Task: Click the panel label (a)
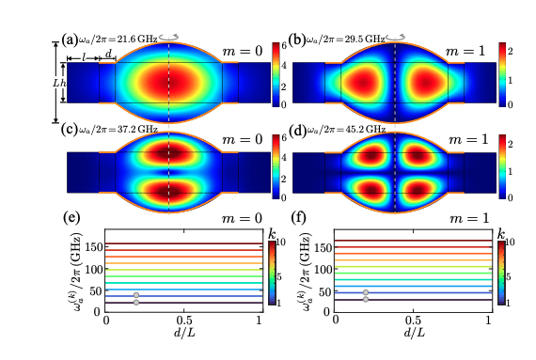(69, 39)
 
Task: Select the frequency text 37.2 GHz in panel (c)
(129, 129)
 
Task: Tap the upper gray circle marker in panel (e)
(136, 295)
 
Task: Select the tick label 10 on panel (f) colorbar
(512, 243)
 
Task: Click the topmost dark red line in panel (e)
(187, 244)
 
